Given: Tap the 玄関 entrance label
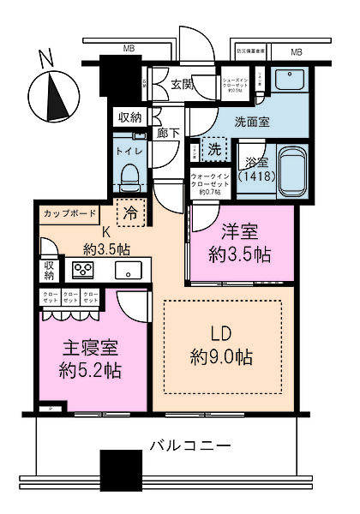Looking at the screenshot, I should point(182,83).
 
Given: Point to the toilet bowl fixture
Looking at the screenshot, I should point(131,178).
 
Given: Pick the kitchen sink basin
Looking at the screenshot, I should point(129,271).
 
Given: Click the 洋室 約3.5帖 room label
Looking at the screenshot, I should point(241,242).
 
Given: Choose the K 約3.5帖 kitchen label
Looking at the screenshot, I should point(107,241).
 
